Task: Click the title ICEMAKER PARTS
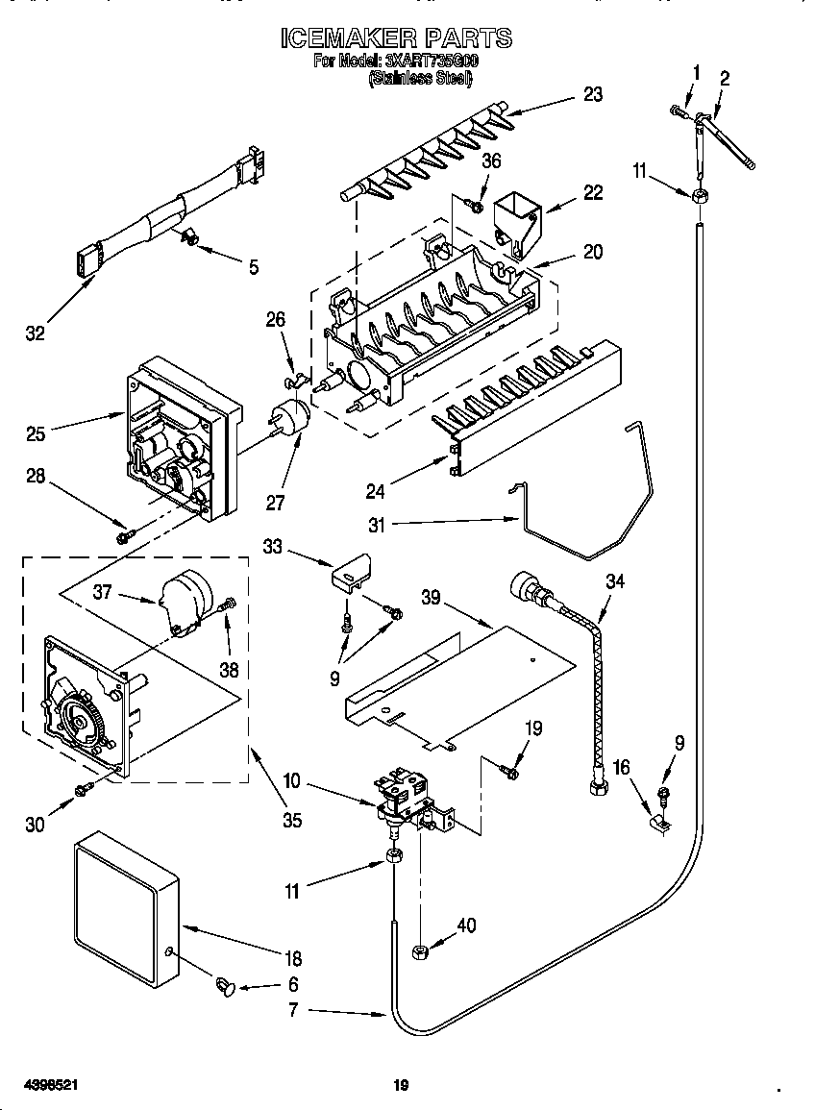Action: coord(396,38)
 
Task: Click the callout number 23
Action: coord(593,94)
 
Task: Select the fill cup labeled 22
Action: coord(517,221)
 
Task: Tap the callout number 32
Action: coord(36,334)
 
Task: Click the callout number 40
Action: coord(466,926)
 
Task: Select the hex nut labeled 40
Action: coord(419,951)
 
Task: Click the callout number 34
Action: coord(616,580)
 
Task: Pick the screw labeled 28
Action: coord(124,537)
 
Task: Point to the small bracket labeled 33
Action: coord(351,574)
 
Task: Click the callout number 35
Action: coord(291,820)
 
